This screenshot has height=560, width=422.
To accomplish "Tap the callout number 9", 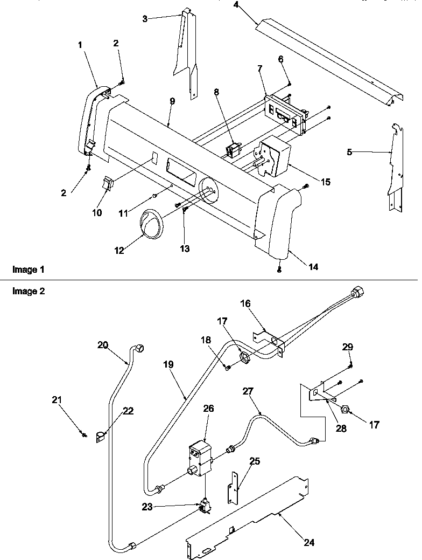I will (x=172, y=101).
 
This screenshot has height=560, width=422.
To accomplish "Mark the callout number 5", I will (x=350, y=153).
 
